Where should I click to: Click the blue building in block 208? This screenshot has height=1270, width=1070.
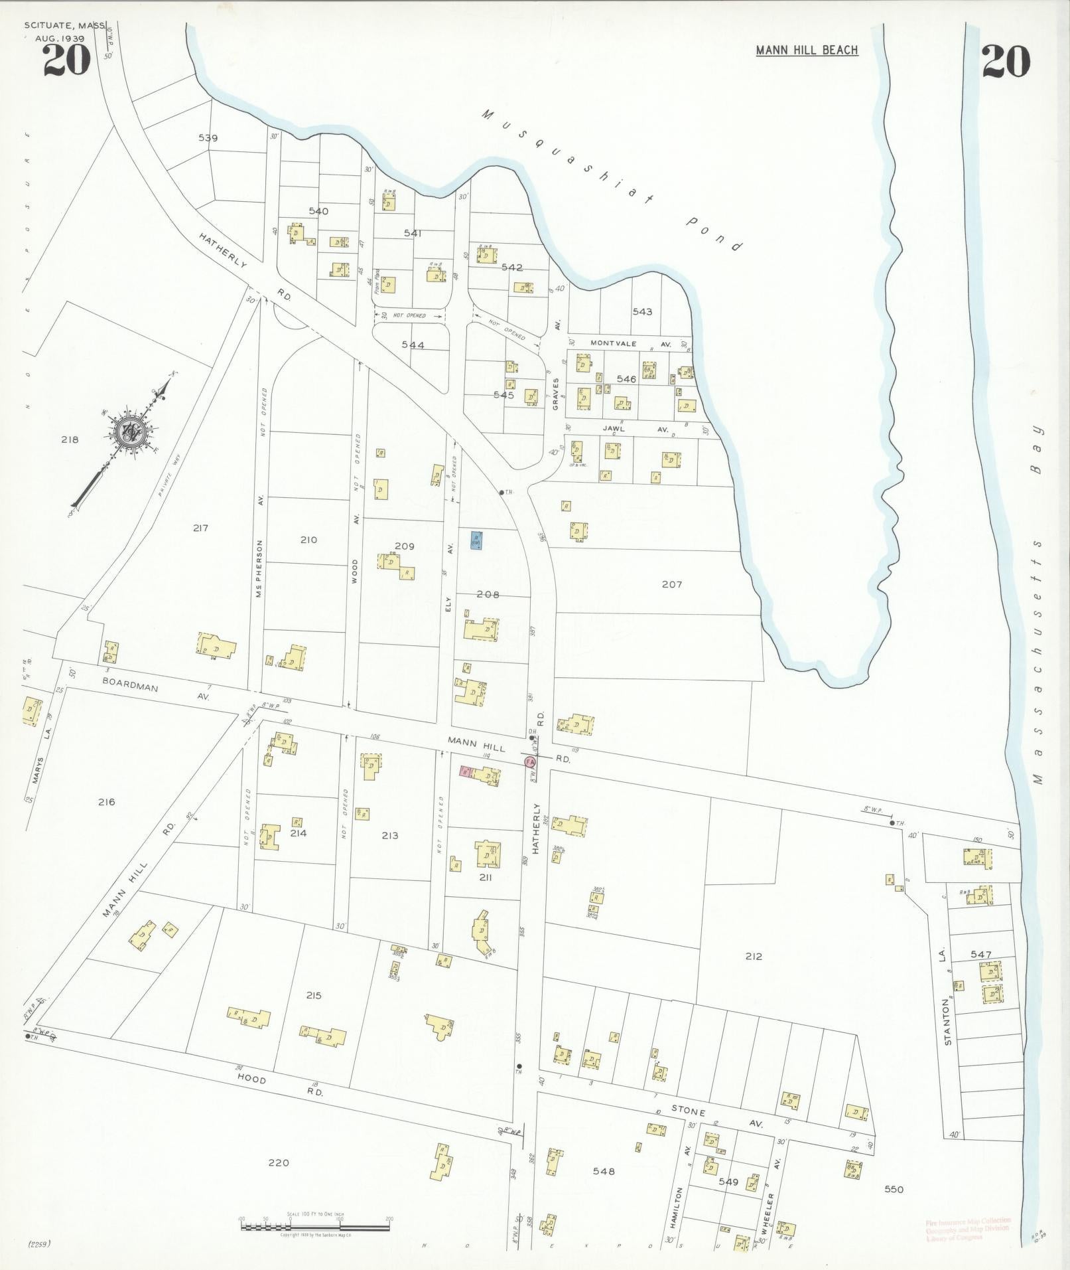tap(476, 540)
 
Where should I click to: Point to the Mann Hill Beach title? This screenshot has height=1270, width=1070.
tap(807, 50)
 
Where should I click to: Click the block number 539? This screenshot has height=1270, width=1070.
tap(208, 138)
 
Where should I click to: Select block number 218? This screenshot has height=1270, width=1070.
tap(70, 439)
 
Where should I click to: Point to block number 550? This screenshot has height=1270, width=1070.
tap(894, 1189)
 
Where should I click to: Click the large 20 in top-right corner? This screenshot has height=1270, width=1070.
tap(1006, 62)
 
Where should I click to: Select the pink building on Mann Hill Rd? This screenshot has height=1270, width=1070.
tap(466, 772)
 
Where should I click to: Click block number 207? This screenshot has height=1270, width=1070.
tap(671, 584)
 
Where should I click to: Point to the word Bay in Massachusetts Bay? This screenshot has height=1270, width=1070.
tap(1036, 449)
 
